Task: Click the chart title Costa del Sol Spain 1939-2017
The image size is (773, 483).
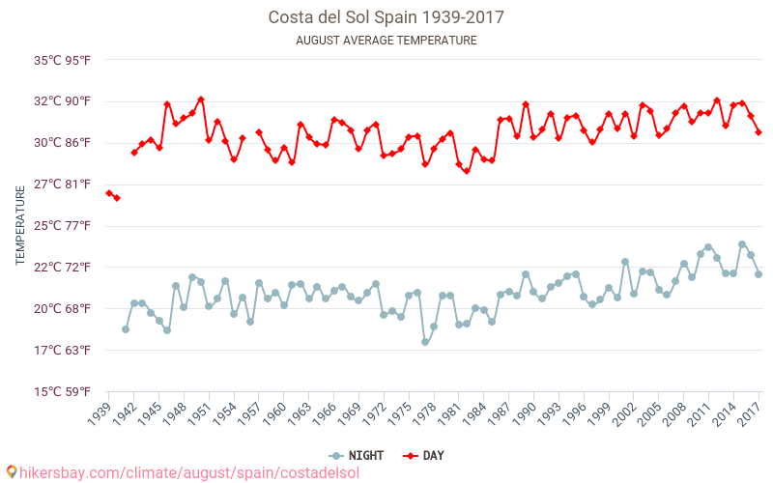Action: coord(386,17)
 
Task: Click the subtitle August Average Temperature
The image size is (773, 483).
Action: coord(386,41)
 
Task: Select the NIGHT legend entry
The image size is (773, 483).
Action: coord(358,455)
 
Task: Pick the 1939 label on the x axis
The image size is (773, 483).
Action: coord(100,413)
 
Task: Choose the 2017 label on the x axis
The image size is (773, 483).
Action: coord(751,413)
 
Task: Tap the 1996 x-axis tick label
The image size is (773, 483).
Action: coord(576,413)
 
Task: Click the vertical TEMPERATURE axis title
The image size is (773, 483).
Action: coord(20,226)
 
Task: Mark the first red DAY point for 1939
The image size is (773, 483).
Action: coord(109,193)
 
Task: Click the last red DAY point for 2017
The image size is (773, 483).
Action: coord(759,132)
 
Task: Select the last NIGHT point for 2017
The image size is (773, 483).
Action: coord(759,274)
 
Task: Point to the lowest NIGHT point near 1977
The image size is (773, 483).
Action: coord(425,342)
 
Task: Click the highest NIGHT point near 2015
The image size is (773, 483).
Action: coord(742,244)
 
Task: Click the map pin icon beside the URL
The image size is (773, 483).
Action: coord(12,472)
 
